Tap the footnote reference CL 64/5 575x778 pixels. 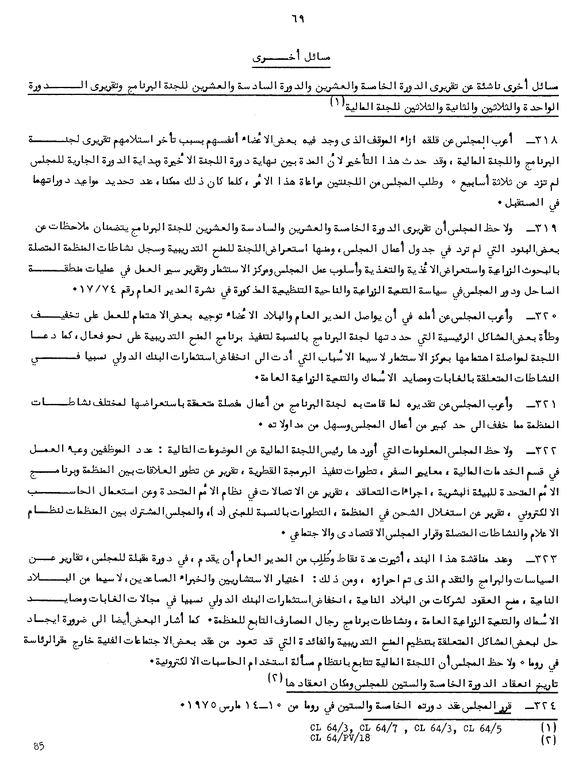[x=482, y=727]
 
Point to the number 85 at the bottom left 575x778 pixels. [x=39, y=747]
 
